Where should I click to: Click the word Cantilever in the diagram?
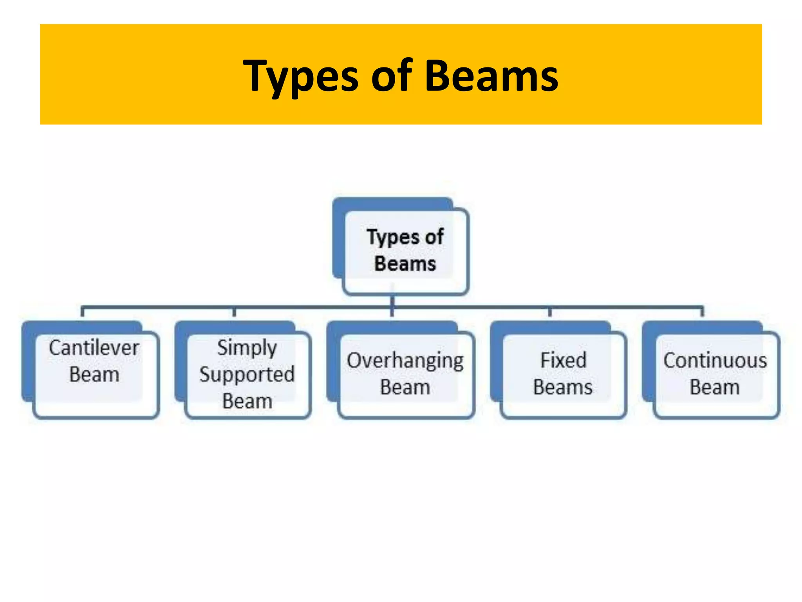coord(94,348)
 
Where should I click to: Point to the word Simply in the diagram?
coord(247,348)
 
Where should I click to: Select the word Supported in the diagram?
coord(247,374)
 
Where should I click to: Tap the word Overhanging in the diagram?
coord(405,361)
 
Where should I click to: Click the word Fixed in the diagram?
coord(564,360)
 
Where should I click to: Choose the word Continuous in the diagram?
coord(715,361)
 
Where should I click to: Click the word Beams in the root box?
coord(405,263)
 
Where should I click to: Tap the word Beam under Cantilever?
coord(94,374)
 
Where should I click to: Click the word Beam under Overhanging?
coord(405,387)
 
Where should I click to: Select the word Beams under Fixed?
coord(563,387)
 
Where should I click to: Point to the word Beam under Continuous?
coord(715,387)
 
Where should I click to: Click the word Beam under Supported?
coord(247,401)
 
